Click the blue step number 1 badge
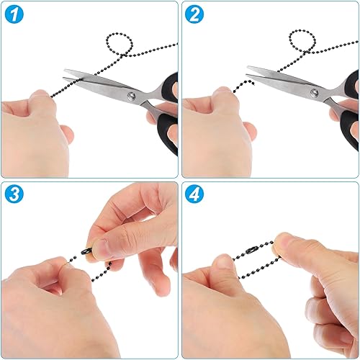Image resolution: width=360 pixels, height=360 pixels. click(14, 14)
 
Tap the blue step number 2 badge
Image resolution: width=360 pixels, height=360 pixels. click(194, 14)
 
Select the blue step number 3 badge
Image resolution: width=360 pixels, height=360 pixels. click(14, 194)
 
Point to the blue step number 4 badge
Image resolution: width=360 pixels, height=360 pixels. click(194, 194)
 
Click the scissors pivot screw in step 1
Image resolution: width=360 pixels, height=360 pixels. click(131, 96)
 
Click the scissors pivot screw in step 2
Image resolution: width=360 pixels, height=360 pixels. click(314, 92)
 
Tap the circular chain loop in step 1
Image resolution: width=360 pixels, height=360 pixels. click(120, 45)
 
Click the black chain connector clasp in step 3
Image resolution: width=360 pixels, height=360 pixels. click(86, 252)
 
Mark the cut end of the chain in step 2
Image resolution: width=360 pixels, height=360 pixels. click(253, 83)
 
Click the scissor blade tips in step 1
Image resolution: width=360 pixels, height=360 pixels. click(64, 74)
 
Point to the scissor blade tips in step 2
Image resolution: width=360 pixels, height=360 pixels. click(247, 71)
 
